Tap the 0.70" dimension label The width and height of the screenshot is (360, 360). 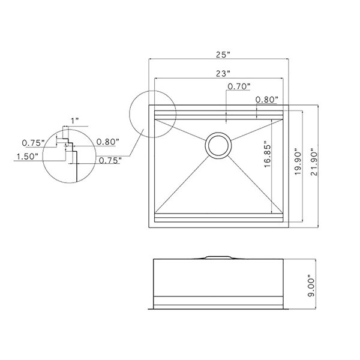(239, 87)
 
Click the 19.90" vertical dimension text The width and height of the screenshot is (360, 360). (295, 161)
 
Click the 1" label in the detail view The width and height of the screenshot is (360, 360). (74, 121)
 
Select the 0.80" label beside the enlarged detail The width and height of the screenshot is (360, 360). (107, 142)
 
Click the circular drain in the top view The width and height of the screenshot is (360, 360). (217, 145)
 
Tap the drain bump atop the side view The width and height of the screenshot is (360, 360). (217, 257)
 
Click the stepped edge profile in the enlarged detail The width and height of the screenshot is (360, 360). (69, 148)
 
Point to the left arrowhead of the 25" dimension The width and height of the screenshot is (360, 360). (151, 59)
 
